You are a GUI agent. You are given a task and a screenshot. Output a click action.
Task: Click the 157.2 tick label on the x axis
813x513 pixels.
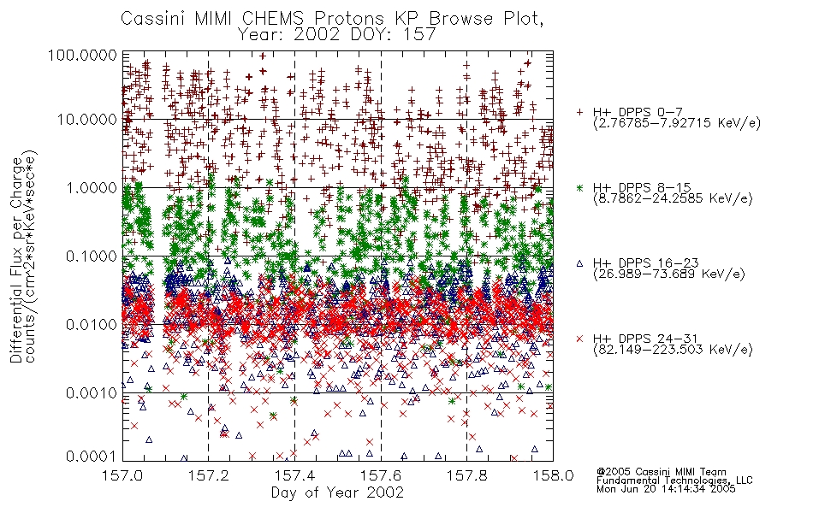click(209, 475)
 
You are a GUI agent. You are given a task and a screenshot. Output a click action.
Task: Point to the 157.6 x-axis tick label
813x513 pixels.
click(381, 475)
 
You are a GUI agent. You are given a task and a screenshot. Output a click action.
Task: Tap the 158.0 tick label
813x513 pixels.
click(553, 475)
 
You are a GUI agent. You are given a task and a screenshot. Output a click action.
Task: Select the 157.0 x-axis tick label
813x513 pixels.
click(123, 475)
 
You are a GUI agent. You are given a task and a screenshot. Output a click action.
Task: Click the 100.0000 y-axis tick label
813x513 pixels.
click(82, 55)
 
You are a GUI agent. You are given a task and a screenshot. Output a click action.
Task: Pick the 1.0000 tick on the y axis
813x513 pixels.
click(92, 187)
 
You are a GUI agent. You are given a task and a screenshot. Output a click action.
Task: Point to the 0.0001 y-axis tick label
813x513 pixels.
click(92, 456)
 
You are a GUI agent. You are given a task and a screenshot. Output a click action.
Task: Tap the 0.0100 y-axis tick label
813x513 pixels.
click(92, 325)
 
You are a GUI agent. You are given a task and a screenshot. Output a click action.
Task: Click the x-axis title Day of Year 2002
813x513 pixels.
click(337, 492)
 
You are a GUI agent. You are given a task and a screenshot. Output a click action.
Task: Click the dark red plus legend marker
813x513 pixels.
click(579, 112)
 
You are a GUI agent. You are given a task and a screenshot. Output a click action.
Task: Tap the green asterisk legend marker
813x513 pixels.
click(579, 187)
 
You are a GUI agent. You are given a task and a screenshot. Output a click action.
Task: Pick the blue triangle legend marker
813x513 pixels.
click(579, 263)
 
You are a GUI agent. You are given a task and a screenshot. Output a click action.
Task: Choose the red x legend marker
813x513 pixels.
click(579, 339)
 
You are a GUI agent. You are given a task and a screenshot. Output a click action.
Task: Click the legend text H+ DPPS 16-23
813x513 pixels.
click(646, 262)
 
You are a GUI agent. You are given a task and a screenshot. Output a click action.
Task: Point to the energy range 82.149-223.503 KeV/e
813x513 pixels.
click(673, 350)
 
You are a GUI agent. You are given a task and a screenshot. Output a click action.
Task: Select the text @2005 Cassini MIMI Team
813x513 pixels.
click(661, 472)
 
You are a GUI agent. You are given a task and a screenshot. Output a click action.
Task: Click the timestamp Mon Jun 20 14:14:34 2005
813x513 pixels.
click(666, 489)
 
